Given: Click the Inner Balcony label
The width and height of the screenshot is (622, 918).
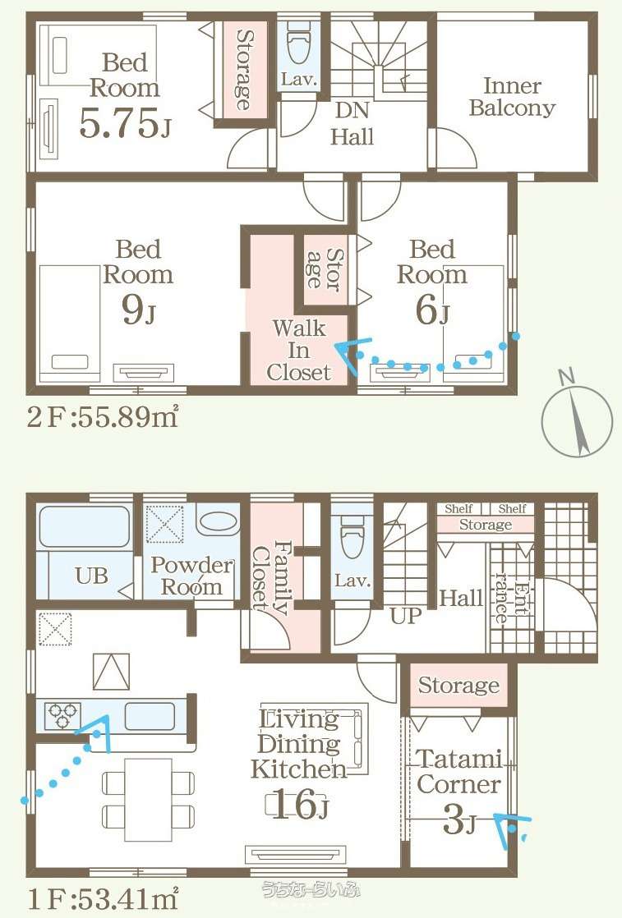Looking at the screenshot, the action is [x=512, y=97].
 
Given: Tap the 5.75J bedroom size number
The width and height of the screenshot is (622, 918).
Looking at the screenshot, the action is [x=125, y=123].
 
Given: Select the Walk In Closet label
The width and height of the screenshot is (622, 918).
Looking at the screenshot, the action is [x=299, y=350].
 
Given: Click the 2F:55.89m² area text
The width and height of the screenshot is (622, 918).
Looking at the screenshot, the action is [x=103, y=417].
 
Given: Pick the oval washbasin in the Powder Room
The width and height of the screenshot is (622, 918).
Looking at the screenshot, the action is [x=217, y=521].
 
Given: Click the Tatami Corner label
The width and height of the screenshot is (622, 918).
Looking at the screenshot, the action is [x=460, y=772].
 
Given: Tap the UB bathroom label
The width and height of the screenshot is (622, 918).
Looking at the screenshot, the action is [x=91, y=576].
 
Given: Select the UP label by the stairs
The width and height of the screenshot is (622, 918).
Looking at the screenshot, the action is [x=406, y=615].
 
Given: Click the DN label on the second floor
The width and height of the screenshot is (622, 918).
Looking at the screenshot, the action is [x=352, y=110].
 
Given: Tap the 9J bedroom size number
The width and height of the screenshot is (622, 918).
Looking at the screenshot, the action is [x=139, y=309].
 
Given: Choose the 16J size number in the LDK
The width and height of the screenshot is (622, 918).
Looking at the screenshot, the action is [x=299, y=805].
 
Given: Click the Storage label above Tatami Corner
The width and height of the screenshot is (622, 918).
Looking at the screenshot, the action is [x=459, y=685].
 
